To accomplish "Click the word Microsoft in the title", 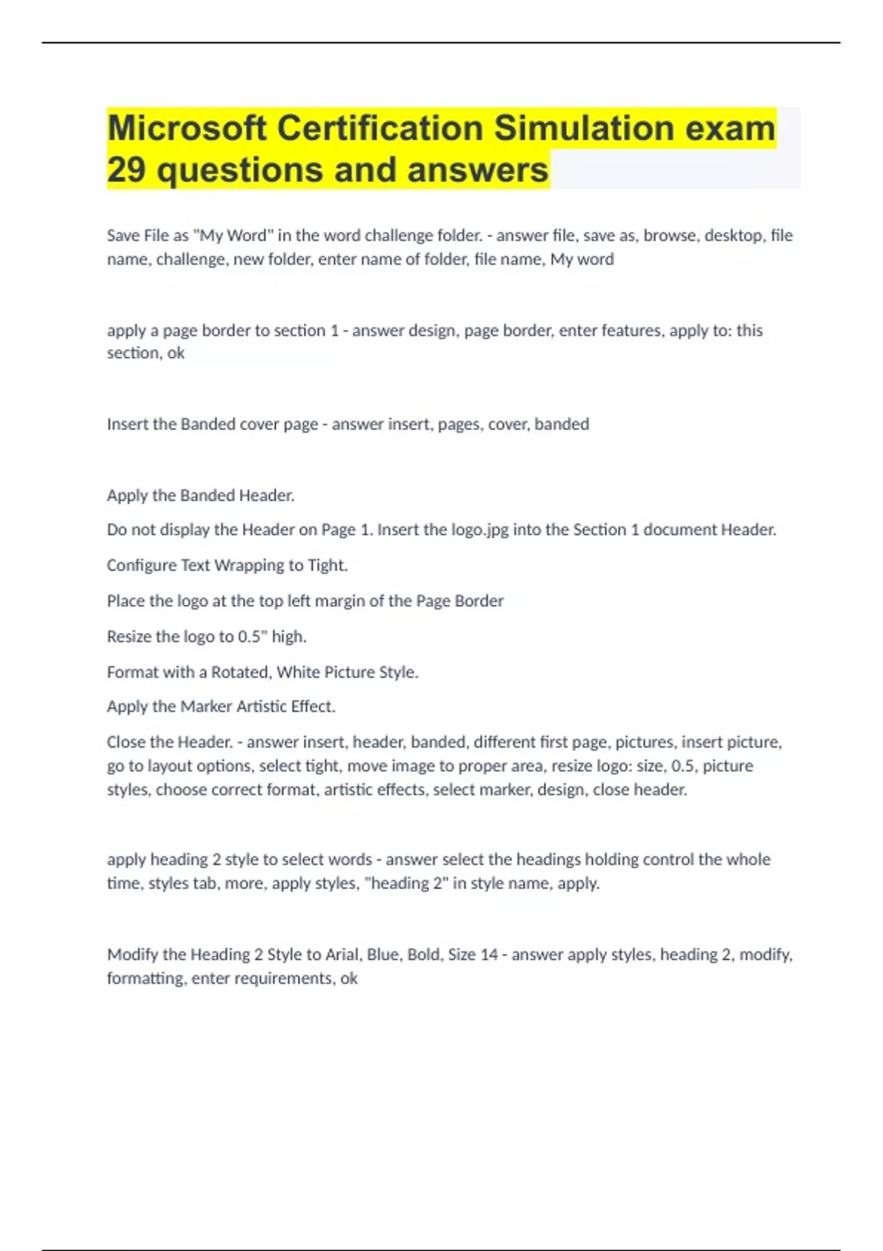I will coord(187,128).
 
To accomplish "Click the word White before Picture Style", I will coord(298,672).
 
